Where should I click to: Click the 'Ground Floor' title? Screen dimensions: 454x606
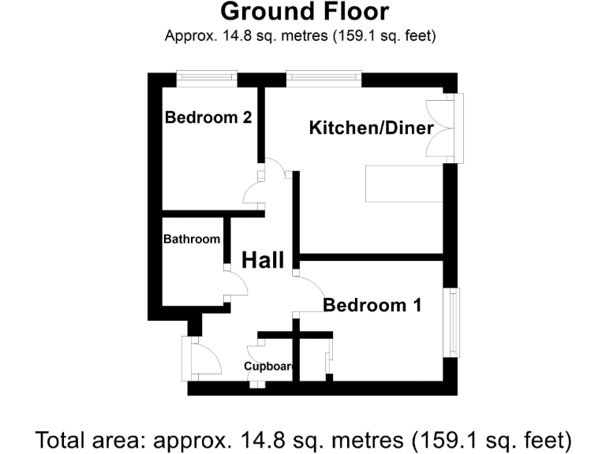click(304, 12)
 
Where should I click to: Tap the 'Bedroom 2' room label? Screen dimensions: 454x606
click(208, 118)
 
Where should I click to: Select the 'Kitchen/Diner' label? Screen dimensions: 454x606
click(372, 128)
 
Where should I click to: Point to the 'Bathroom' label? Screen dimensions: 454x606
click(192, 239)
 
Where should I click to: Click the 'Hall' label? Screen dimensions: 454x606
click(262, 261)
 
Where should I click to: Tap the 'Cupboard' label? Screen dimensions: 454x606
click(269, 367)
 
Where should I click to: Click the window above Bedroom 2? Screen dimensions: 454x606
click(206, 77)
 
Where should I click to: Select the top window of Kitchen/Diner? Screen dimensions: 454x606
click(324, 77)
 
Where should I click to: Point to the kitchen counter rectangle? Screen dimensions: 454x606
click(404, 183)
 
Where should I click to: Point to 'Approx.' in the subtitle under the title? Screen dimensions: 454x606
click(188, 35)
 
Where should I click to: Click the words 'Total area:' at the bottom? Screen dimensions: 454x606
click(90, 438)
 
